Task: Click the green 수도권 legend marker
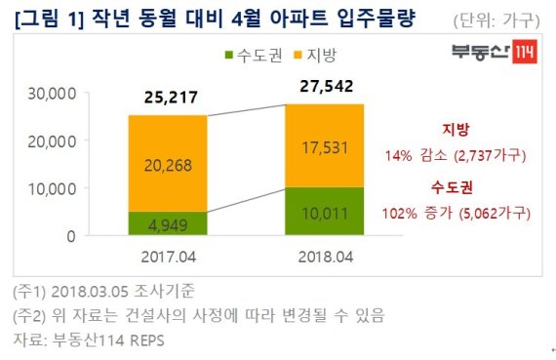229,56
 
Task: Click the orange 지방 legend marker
298,56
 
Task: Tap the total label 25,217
171,98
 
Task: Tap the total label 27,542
326,86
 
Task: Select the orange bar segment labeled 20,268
168,164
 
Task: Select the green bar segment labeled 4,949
168,223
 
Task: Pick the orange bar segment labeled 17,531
325,145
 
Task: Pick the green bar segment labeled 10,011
325,211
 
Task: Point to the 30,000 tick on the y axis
52,94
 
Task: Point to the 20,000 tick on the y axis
52,141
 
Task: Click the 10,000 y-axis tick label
52,189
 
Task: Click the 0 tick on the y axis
71,236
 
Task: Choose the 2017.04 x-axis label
169,258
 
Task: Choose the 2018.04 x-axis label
326,258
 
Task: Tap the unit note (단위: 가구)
496,20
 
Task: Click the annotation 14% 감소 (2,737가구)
456,156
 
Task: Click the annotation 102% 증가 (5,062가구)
457,214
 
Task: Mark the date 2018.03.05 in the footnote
90,292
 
